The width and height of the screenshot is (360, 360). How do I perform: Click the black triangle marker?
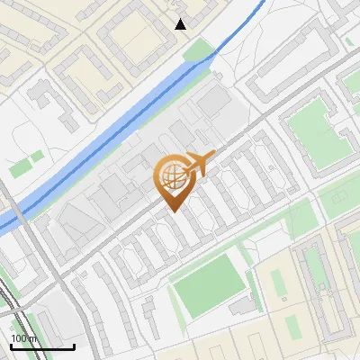(181, 23)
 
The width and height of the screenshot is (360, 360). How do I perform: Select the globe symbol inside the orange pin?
(172, 174)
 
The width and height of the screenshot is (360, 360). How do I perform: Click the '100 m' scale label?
(24, 337)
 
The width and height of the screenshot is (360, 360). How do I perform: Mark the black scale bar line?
(42, 346)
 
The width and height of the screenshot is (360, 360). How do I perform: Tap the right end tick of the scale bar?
(74, 346)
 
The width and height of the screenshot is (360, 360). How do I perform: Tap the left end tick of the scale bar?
(11, 346)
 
